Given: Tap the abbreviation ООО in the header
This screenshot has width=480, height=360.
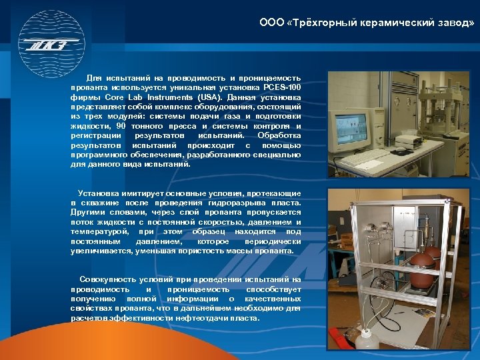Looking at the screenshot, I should pos(271,22).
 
